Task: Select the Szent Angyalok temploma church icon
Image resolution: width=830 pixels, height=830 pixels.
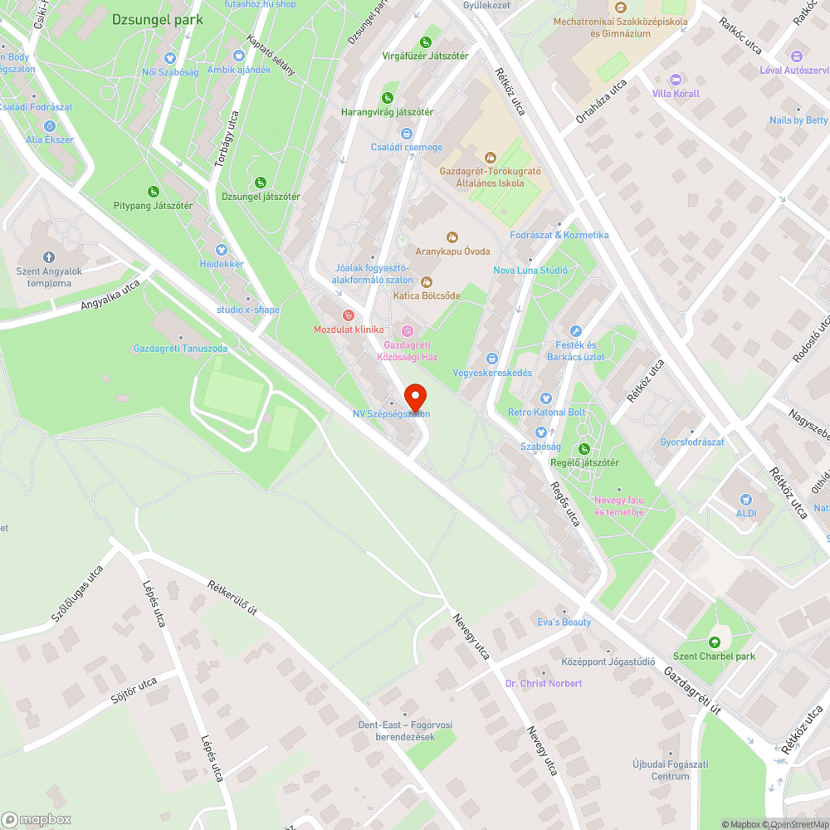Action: tap(48, 257)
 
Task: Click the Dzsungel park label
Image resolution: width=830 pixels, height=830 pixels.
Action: tap(156, 18)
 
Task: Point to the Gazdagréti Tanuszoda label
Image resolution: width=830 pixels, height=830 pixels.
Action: tap(180, 349)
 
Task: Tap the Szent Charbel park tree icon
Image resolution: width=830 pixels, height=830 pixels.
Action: tap(714, 642)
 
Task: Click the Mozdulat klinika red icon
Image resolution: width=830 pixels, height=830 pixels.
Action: tap(349, 315)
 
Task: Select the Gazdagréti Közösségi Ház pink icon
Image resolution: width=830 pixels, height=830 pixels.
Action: tap(407, 331)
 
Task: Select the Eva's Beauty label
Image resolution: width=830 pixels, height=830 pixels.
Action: tap(564, 622)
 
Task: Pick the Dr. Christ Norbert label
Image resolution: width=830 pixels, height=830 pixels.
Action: tap(544, 683)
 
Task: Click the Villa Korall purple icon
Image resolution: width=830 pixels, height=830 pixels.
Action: tap(675, 80)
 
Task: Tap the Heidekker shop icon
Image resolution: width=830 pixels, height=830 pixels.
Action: tap(222, 250)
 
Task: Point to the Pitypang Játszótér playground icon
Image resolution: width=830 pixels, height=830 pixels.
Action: tap(153, 192)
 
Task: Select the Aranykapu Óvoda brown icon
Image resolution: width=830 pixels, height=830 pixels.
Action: tap(452, 237)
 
